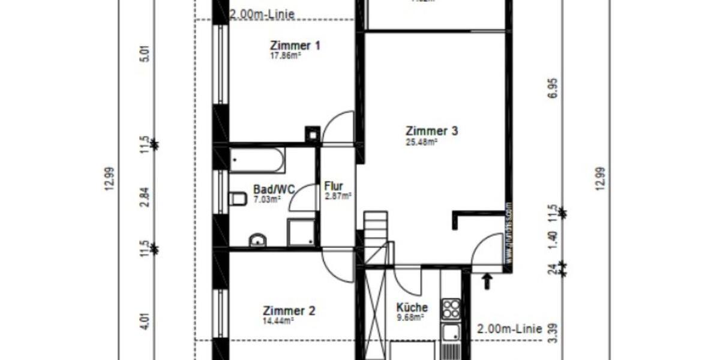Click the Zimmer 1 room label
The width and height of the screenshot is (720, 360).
click(x=295, y=46)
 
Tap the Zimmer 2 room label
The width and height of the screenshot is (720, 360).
click(x=289, y=311)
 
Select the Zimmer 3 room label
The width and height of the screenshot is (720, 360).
click(x=432, y=131)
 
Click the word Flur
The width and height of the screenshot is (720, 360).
click(x=333, y=186)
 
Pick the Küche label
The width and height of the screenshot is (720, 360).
click(x=412, y=307)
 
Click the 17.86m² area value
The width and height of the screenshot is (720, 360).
click(x=285, y=56)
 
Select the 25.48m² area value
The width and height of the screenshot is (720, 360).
click(x=421, y=142)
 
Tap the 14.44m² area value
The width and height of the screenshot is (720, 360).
click(x=278, y=321)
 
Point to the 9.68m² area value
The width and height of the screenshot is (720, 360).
click(x=410, y=317)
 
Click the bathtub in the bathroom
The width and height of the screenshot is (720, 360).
click(x=257, y=161)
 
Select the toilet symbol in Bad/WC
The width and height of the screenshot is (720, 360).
click(x=238, y=199)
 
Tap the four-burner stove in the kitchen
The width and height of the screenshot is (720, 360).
click(x=451, y=309)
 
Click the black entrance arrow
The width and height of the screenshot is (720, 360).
click(x=487, y=280)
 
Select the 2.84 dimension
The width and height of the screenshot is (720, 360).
click(x=143, y=197)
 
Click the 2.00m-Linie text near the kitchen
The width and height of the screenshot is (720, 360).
click(x=509, y=329)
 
